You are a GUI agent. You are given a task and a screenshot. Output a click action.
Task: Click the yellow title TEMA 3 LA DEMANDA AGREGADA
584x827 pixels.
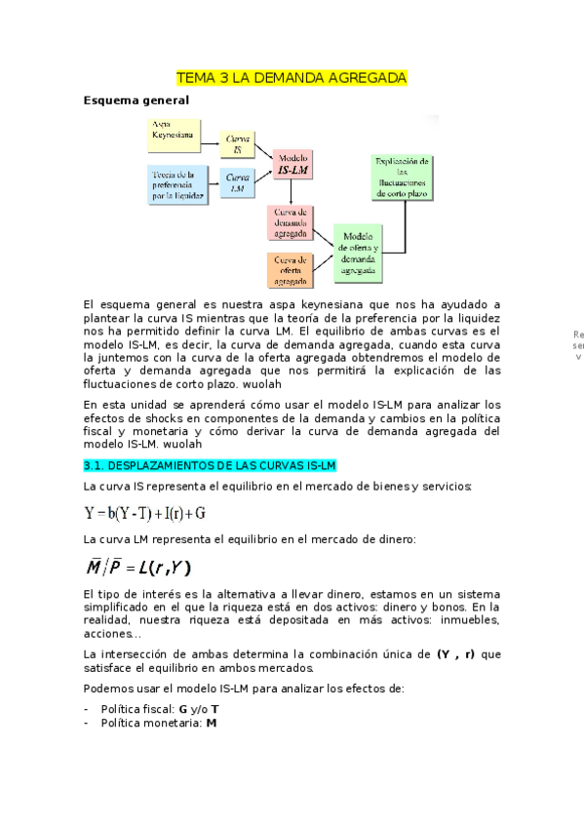tap(292, 77)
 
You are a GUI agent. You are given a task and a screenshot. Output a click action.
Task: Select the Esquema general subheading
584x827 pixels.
tap(135, 100)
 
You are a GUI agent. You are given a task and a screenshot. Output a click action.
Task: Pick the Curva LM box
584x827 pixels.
tap(237, 182)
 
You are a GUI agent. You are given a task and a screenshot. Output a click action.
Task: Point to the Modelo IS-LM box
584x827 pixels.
tap(292, 165)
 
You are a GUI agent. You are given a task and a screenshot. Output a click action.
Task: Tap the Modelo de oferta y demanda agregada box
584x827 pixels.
tap(359, 248)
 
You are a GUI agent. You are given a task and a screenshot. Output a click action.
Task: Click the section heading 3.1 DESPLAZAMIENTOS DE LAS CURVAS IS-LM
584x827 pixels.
tap(209, 465)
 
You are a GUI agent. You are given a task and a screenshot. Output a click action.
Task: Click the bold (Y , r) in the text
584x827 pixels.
tap(455, 653)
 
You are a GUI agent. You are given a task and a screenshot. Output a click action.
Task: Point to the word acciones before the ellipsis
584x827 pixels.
tap(106, 633)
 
